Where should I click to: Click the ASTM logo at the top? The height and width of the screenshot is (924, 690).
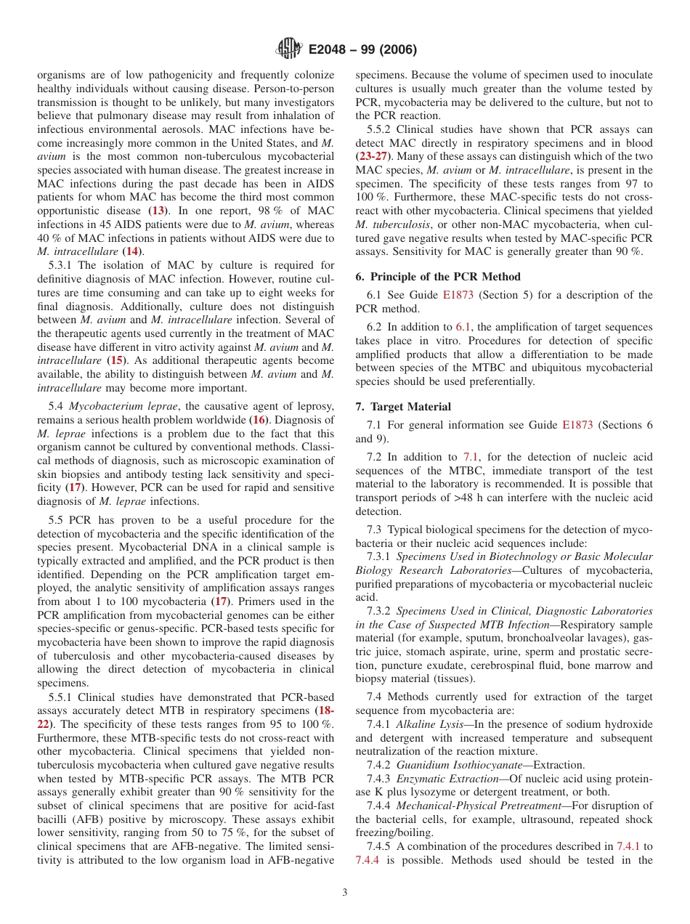[x=289, y=49]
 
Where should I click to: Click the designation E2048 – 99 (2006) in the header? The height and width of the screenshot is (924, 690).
[x=362, y=50]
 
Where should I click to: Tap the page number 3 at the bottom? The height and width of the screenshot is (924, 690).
[x=345, y=893]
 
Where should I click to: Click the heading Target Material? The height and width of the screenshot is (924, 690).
[x=410, y=407]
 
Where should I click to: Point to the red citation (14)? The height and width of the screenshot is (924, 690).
[x=130, y=251]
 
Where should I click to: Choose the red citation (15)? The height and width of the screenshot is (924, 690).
[x=115, y=360]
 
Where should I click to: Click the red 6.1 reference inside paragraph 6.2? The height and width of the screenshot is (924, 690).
[x=463, y=328]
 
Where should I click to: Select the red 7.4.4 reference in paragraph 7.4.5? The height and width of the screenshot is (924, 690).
[x=369, y=860]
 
